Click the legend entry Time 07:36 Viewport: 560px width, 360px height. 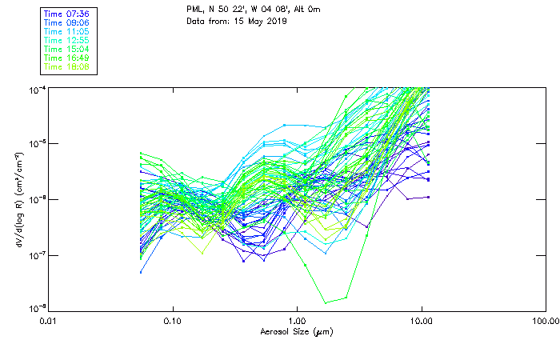(x=66, y=14)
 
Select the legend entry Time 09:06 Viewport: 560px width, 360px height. (x=66, y=22)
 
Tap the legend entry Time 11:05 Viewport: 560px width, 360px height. (x=66, y=31)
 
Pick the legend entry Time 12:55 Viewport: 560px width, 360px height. (x=66, y=40)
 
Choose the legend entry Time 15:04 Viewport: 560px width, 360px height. (x=66, y=49)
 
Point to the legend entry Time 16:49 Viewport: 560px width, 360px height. (x=66, y=58)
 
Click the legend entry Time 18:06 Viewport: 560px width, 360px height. (x=66, y=66)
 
